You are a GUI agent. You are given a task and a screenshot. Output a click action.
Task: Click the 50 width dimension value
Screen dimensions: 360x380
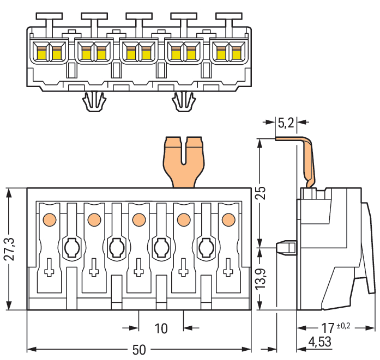[139, 350]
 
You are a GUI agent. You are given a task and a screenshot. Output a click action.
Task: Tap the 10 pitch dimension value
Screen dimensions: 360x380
[161, 328]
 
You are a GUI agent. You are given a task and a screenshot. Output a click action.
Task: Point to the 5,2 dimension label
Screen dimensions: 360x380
[286, 123]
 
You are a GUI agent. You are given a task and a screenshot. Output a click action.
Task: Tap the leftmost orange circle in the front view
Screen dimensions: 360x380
[49, 219]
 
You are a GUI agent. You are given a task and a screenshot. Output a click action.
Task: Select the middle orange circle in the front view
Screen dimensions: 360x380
[138, 219]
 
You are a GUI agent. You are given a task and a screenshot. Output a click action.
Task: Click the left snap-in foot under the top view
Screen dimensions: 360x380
[94, 101]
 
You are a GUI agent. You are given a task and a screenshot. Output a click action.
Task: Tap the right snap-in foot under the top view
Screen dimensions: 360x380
[184, 101]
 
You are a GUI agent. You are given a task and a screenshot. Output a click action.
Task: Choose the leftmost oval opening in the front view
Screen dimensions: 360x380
[71, 248]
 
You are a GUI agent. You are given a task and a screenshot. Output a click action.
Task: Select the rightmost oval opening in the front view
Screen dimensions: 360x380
[206, 248]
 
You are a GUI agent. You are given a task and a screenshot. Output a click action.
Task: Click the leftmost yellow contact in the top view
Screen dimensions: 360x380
[41, 53]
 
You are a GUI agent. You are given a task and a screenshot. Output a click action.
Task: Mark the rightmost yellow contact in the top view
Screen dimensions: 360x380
[236, 53]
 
